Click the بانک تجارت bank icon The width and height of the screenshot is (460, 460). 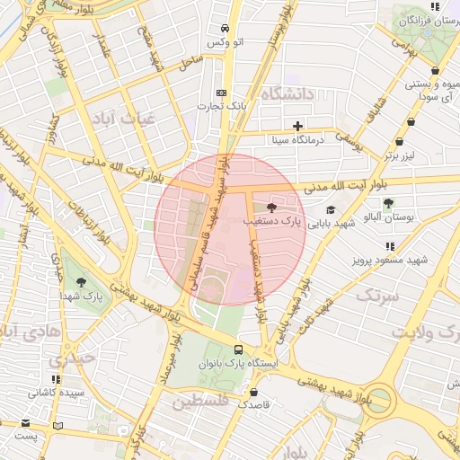click(x=222, y=93)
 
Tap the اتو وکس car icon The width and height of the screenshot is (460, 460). click(x=224, y=27)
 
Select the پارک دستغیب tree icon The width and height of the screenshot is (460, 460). click(x=272, y=207)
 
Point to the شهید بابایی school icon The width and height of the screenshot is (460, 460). click(x=343, y=209)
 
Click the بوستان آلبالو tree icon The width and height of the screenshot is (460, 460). click(x=388, y=204)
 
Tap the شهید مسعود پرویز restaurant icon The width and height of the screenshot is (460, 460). click(x=389, y=246)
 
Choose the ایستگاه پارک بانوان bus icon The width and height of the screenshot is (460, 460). click(x=238, y=349)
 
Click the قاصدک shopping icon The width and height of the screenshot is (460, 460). click(x=254, y=392)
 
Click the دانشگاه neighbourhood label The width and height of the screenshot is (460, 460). click(x=286, y=93)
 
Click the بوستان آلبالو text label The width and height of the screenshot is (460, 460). click(x=388, y=218)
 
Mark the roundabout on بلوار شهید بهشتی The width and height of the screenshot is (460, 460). click(x=380, y=402)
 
